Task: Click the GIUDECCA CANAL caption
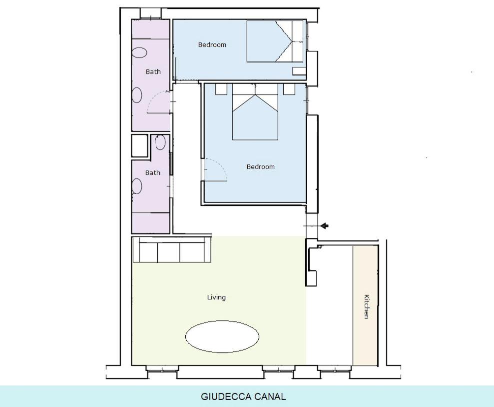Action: coord(243,396)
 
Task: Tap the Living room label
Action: coord(216,297)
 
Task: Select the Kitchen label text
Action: coord(367,306)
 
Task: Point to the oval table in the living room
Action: coord(222,336)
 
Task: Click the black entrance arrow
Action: coord(325,225)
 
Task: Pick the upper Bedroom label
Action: coord(212,45)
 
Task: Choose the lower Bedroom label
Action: coord(261,167)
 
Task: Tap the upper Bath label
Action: coord(153,72)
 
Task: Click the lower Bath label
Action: coord(153,173)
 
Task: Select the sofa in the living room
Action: coord(172,249)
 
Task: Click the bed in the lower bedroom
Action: coord(255,111)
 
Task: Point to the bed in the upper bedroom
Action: coord(275,41)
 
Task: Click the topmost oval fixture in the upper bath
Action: coord(139,52)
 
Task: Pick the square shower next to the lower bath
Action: coord(139,145)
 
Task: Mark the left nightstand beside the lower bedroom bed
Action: coord(221,89)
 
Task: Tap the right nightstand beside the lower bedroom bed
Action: coord(289,89)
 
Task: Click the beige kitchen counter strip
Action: coord(365,305)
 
